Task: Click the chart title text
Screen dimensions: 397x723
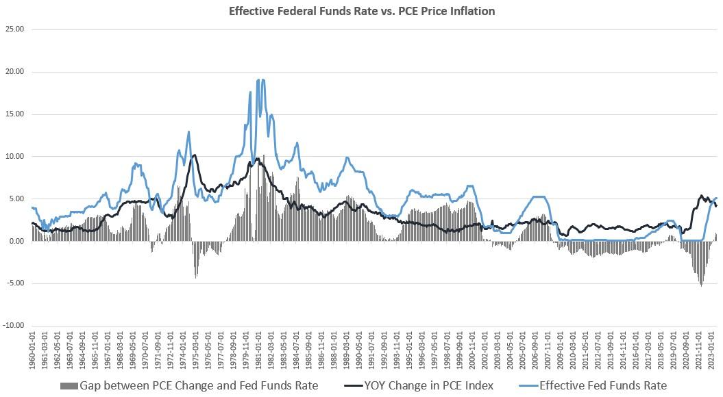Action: coord(361,11)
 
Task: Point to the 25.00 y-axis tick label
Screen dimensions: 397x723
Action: coord(14,29)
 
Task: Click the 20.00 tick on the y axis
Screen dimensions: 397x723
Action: coord(14,72)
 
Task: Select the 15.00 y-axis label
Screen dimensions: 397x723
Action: coord(14,114)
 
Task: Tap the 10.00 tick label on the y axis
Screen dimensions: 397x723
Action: coord(14,157)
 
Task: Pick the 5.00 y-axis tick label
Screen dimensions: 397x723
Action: coord(16,199)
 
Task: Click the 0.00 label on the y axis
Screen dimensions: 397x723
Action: coord(16,242)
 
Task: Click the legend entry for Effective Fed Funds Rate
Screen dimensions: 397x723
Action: coord(603,386)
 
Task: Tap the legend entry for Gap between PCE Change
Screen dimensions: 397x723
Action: coord(199,386)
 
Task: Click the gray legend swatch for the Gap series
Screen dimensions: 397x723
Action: coord(69,386)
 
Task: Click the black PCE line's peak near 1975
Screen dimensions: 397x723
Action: coord(194,155)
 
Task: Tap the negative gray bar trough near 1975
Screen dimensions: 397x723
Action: coord(196,277)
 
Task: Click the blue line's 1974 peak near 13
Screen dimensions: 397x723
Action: coord(188,131)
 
